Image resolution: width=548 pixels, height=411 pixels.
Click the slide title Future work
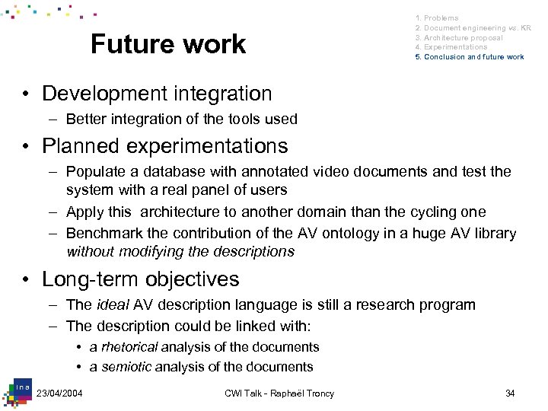point(168,44)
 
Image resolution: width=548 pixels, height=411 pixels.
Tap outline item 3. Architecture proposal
point(458,37)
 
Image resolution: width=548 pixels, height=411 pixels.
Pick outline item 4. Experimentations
point(451,47)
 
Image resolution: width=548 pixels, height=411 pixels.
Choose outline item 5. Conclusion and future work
point(469,57)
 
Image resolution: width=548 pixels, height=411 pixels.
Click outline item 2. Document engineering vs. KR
point(472,27)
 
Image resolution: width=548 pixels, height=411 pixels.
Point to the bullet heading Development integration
point(157,94)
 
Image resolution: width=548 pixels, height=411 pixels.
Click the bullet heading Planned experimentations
point(165,145)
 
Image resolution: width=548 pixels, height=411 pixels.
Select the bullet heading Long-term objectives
point(141,279)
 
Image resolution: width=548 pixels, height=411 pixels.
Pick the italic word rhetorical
point(129,347)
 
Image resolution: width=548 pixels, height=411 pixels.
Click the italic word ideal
point(113,305)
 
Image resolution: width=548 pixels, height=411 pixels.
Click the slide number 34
point(510,393)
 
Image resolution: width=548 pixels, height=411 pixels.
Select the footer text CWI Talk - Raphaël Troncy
point(279,393)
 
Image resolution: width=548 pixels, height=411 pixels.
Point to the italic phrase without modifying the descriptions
point(180,251)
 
